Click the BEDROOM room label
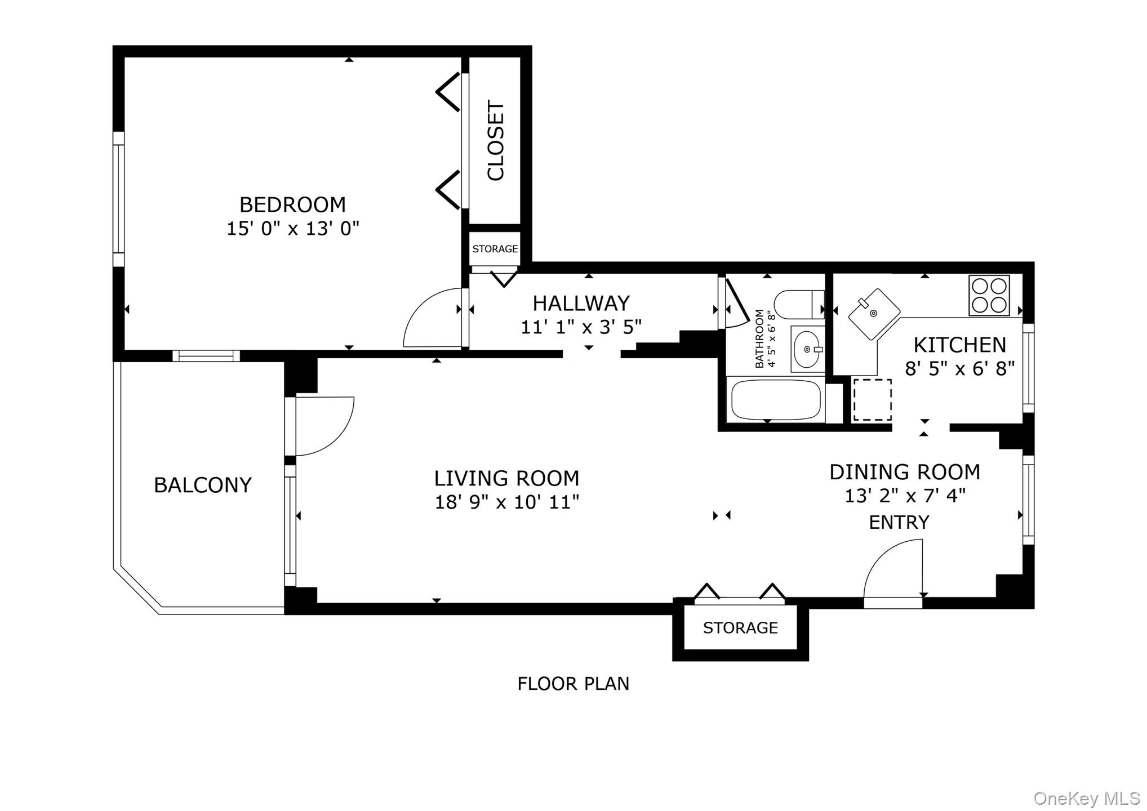click(x=292, y=204)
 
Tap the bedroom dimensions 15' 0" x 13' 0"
click(x=292, y=229)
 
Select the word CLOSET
click(x=496, y=141)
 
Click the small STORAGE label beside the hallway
click(x=495, y=249)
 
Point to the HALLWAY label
click(x=581, y=304)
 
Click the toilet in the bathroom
click(x=798, y=305)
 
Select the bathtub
click(x=776, y=400)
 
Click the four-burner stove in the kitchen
click(x=989, y=295)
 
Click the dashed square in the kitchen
click(x=872, y=399)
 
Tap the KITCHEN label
click(x=959, y=345)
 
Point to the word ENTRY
click(x=899, y=523)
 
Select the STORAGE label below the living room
click(x=740, y=627)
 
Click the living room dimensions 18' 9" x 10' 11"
click(x=506, y=502)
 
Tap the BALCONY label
click(x=202, y=485)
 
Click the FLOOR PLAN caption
click(x=573, y=684)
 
